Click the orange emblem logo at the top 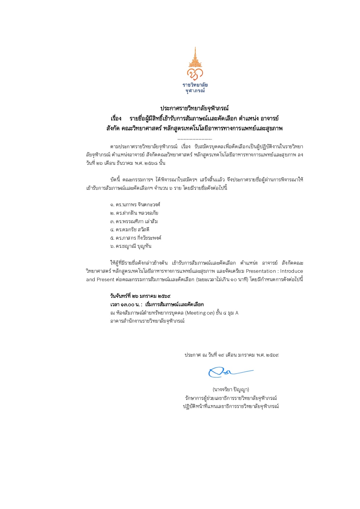(x=195, y=64)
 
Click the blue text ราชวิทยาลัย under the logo (x=195, y=85)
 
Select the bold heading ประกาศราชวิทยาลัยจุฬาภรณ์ (x=195, y=108)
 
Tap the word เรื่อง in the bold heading (x=116, y=118)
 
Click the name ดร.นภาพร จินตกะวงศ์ (x=135, y=205)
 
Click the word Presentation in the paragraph (x=261, y=271)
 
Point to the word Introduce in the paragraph (x=291, y=271)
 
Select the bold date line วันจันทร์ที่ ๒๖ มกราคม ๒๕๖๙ (x=140, y=296)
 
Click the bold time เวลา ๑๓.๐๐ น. (x=124, y=304)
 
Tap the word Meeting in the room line (x=196, y=313)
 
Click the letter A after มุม (x=237, y=313)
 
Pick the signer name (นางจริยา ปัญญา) (x=231, y=389)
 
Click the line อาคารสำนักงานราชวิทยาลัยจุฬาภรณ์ (x=147, y=321)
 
